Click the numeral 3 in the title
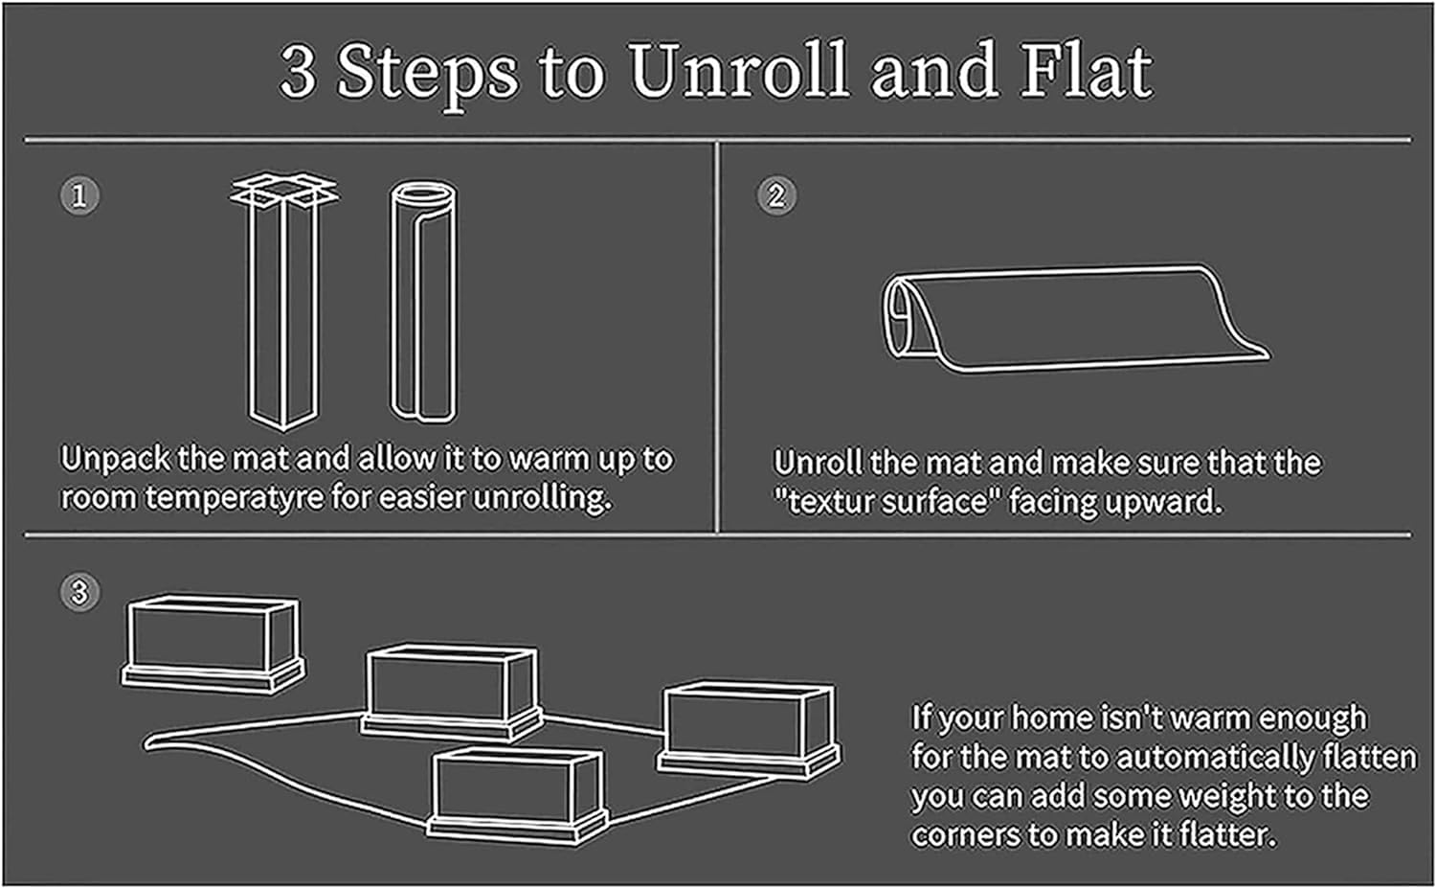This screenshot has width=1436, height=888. point(299,73)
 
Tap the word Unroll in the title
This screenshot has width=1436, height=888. point(737,71)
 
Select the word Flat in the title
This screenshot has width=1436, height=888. point(1086,71)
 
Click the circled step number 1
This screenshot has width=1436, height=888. point(79,196)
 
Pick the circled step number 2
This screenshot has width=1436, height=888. point(776,196)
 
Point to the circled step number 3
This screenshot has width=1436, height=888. point(79,592)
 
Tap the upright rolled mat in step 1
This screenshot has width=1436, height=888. point(422,302)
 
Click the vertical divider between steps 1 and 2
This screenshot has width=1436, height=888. point(716,335)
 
